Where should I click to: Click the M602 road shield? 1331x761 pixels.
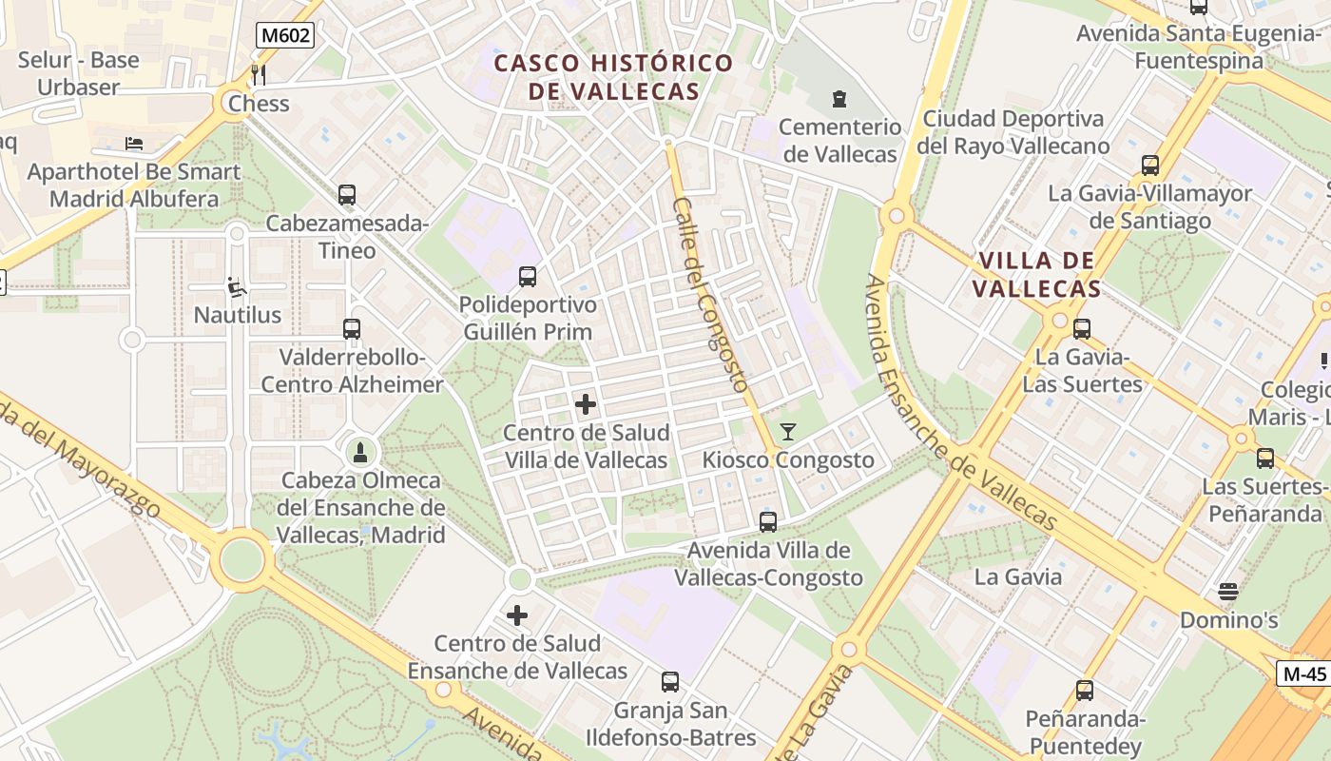coord(285,36)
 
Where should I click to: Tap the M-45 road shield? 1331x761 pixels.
coord(1303,673)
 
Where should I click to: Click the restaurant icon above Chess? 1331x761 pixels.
coord(258,74)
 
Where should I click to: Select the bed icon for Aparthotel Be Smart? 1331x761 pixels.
coord(134,144)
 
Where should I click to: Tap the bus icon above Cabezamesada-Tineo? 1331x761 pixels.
coord(347,195)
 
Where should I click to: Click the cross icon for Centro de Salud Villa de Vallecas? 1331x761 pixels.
coord(586,405)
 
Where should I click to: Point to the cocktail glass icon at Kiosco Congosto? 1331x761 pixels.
coord(787,432)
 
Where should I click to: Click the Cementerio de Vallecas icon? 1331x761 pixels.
coord(839,98)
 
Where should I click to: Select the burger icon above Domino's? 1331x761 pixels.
coord(1228,592)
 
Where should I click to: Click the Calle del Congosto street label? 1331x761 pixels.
coord(711,295)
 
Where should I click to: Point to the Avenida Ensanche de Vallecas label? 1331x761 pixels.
coord(960,404)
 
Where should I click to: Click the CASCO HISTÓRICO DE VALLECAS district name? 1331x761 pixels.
coord(614,78)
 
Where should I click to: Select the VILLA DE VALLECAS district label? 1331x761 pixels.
coord(1038,275)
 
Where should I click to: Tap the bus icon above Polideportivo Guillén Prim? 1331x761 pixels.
coord(528,277)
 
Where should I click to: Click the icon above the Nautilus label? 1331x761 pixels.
coord(237,286)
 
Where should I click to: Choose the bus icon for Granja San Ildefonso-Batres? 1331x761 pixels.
coord(670,682)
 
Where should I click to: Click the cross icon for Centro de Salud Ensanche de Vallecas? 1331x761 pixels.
coord(517,615)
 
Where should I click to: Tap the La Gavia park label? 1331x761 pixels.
coord(1018,576)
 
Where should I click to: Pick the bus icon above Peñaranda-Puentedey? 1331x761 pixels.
coord(1085,691)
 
